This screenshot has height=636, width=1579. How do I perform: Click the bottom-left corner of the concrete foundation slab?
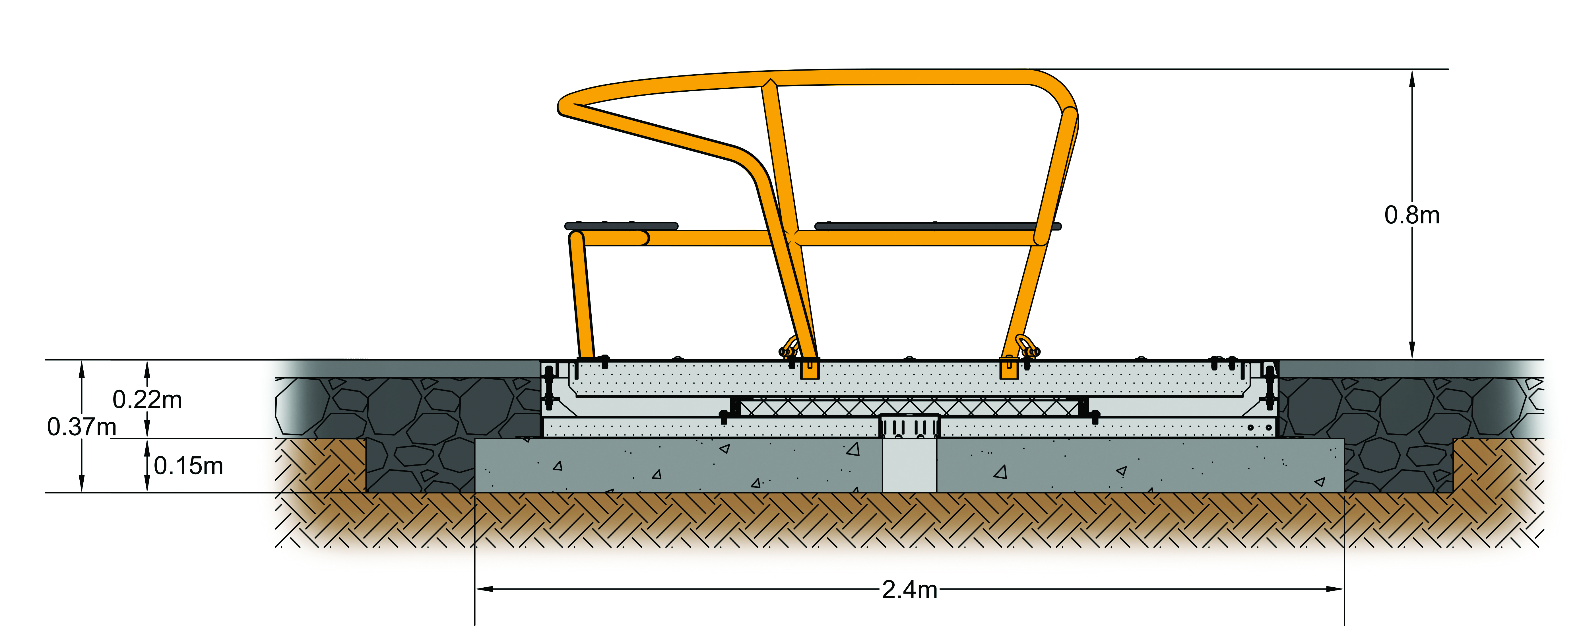click(476, 492)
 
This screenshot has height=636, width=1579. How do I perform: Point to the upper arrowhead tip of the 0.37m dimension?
click(82, 361)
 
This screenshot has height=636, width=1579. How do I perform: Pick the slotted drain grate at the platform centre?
click(910, 426)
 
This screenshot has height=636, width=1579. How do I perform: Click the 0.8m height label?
click(1412, 215)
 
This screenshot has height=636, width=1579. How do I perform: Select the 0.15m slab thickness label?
click(188, 466)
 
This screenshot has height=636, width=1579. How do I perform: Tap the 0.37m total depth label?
click(82, 427)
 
